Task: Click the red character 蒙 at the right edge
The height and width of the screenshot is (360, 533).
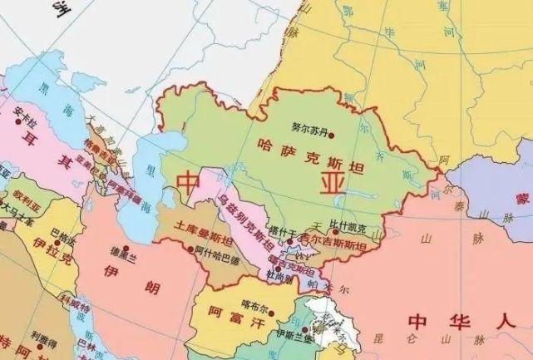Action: pyautogui.click(x=521, y=199)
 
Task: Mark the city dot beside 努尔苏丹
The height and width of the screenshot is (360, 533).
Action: pyautogui.click(x=294, y=130)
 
